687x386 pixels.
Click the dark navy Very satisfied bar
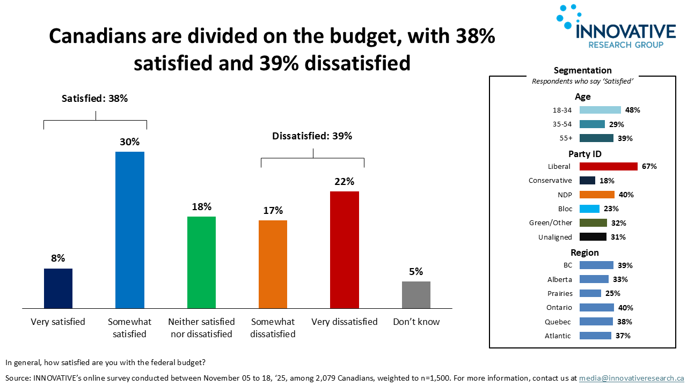pos(58,288)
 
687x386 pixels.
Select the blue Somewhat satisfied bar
pos(129,230)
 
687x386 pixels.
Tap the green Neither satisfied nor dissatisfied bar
pos(201,262)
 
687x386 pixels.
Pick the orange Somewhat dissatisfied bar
pos(273,264)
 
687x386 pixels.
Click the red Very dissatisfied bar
pos(344,250)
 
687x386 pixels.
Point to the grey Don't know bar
pos(416,295)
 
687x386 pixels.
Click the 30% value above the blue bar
pos(130,142)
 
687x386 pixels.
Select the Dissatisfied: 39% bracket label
pos(312,136)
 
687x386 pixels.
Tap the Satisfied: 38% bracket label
pos(95,99)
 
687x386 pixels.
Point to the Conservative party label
pos(550,181)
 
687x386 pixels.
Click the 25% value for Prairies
pos(612,294)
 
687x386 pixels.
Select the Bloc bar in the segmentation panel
pos(589,209)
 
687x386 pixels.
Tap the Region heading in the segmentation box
pos(584,253)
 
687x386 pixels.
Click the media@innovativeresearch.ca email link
pos(631,378)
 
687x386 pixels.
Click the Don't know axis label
pos(416,322)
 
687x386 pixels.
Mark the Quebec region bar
pos(596,322)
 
